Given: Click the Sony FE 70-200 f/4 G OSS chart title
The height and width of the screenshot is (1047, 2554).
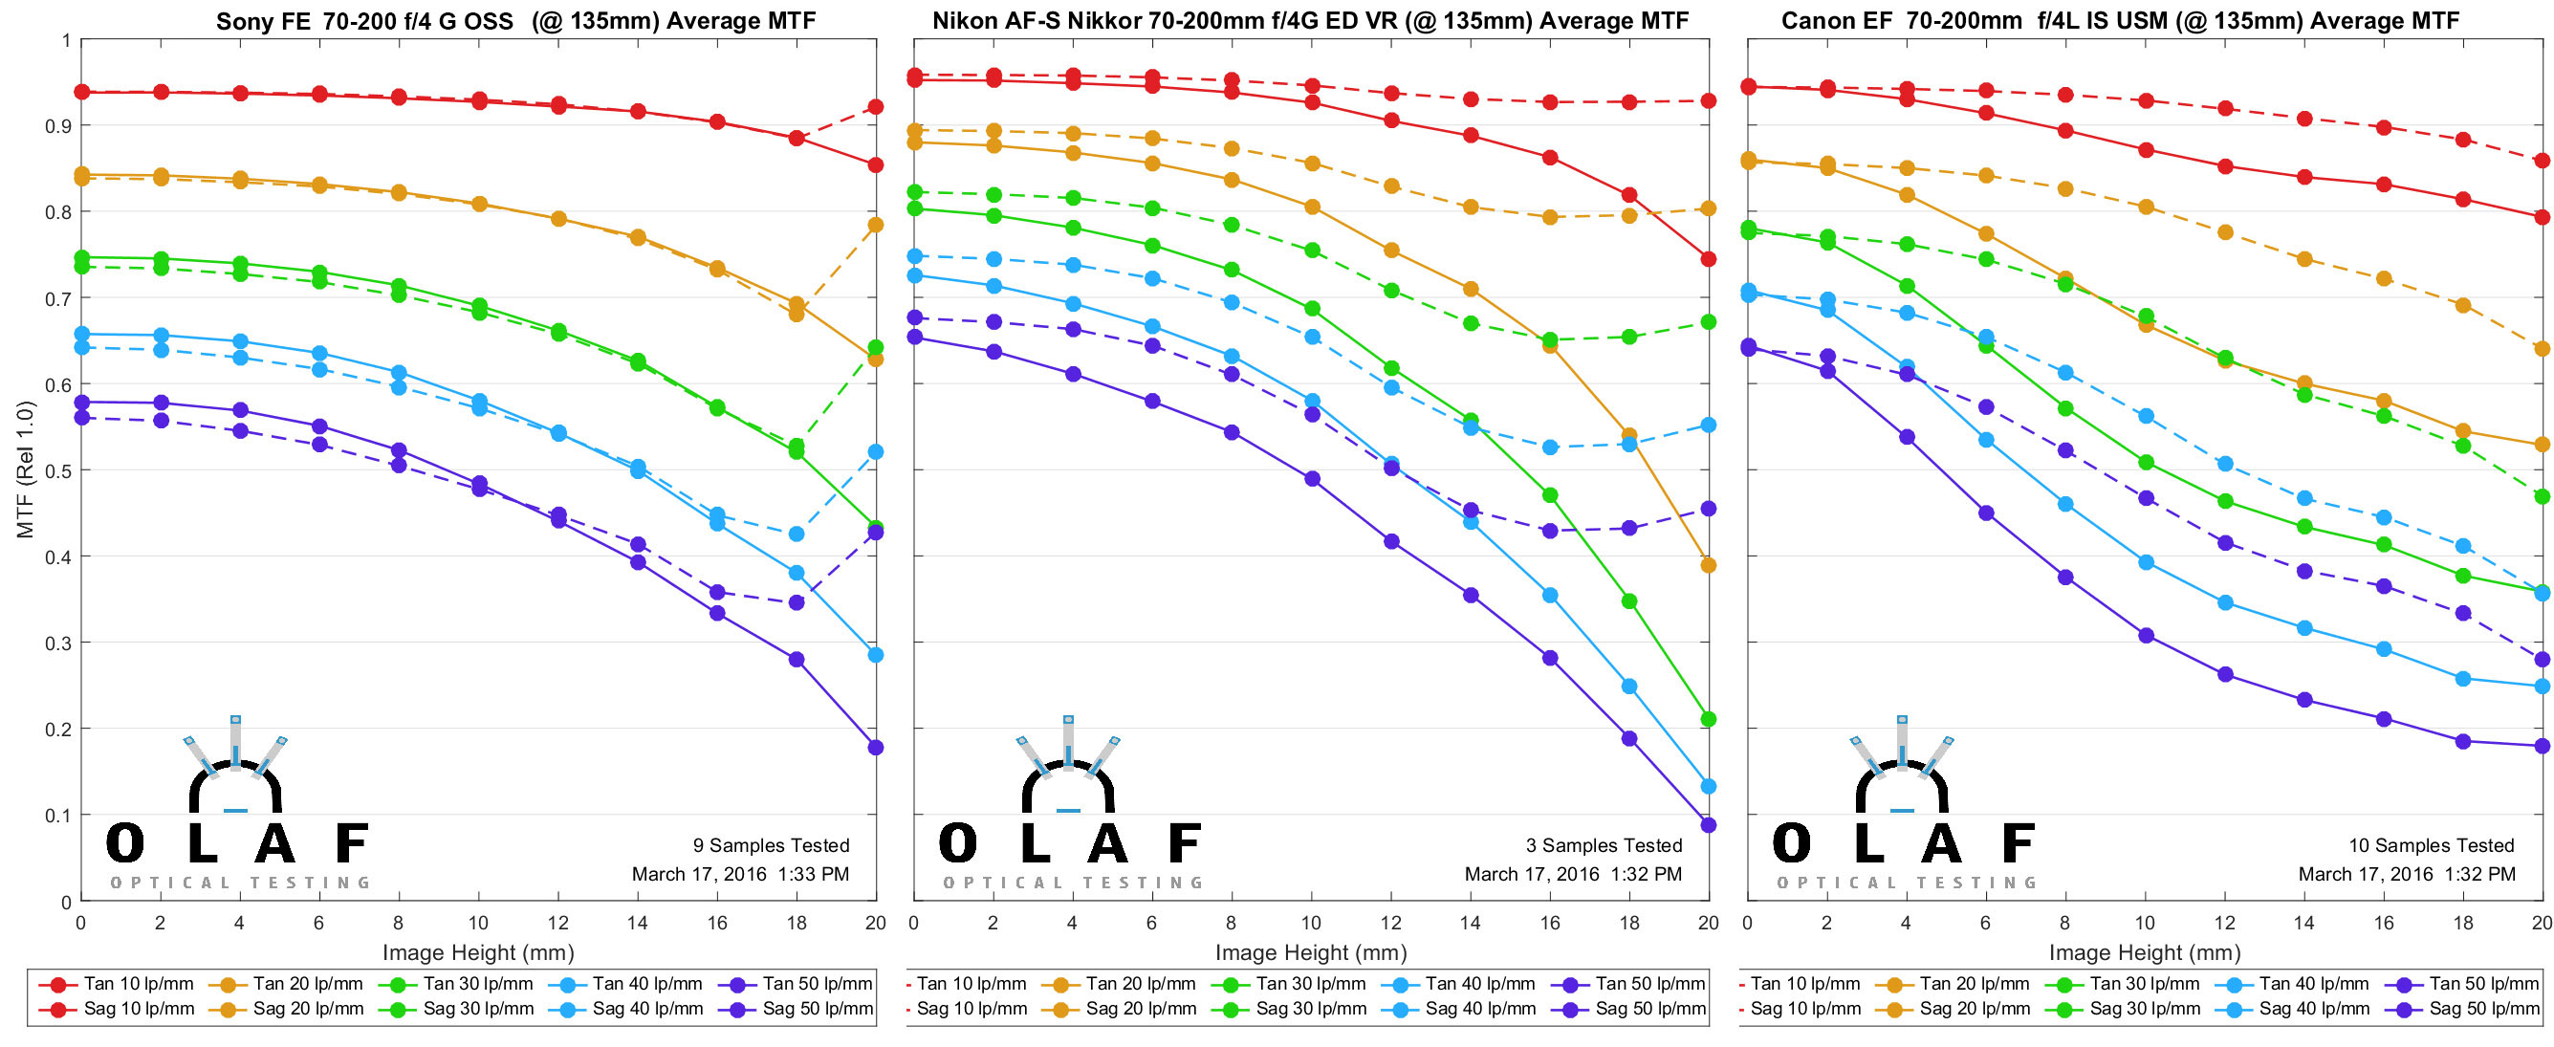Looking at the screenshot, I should coord(515,21).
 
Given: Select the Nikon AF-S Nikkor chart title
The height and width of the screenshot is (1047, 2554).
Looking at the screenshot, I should coord(1310,21).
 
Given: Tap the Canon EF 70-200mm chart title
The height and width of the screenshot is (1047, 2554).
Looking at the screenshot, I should coord(2120,21).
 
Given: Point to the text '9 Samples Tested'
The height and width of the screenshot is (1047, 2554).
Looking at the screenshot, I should coord(771,846).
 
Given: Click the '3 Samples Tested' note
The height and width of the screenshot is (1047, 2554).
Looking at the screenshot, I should coord(1604,846).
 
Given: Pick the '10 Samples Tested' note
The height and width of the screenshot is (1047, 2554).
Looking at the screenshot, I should coord(2431,846).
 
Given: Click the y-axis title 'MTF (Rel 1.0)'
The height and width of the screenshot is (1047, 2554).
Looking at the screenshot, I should coord(26,469).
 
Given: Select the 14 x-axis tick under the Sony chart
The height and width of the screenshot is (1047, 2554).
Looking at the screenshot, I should coord(638,923).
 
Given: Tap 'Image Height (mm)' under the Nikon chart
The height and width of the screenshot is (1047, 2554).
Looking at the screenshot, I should coord(1311,952).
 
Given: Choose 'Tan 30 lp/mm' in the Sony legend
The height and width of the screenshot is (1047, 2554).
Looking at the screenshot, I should coord(478,984).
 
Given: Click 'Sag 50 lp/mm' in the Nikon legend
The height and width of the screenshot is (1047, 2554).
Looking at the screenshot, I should coord(1649,1010).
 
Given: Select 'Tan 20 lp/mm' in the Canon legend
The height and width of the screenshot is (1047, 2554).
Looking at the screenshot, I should coord(1974,984).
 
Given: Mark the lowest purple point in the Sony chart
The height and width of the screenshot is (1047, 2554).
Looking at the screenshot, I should coord(876,748).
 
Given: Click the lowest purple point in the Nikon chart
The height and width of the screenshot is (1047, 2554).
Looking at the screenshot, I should coord(1709,825).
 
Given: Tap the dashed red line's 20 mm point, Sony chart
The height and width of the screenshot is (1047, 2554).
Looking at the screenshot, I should coord(876,107).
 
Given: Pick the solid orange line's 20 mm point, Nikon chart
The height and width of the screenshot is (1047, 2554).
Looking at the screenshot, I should coord(1709,565).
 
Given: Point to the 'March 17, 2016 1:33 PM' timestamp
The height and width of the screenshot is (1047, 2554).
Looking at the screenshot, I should coord(741,875).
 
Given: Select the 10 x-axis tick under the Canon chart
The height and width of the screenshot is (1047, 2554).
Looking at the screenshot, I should coord(2145,923).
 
